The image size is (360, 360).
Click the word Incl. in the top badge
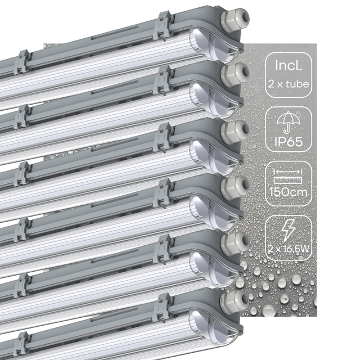(x=289, y=65)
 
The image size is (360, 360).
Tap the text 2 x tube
(x=289, y=84)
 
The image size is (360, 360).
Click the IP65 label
(x=289, y=142)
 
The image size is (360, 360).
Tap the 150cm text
(x=289, y=192)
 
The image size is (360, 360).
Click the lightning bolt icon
(x=289, y=231)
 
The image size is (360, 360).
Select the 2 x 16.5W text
(x=289, y=249)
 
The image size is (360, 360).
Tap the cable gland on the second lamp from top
(x=235, y=73)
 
